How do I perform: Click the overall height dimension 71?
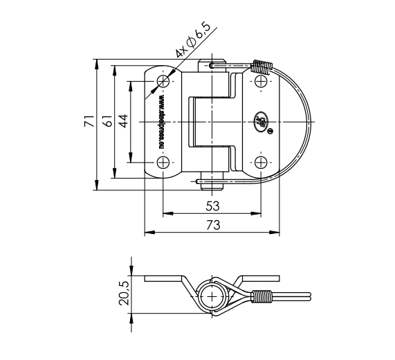pos(89,122)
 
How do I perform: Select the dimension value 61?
pos(107,122)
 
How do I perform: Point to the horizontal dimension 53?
pos(212,206)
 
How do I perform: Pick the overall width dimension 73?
pos(212,224)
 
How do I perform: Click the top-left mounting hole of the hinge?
pos(163,82)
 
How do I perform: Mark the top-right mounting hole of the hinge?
pos(261,82)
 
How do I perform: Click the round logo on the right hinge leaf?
pos(262,123)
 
